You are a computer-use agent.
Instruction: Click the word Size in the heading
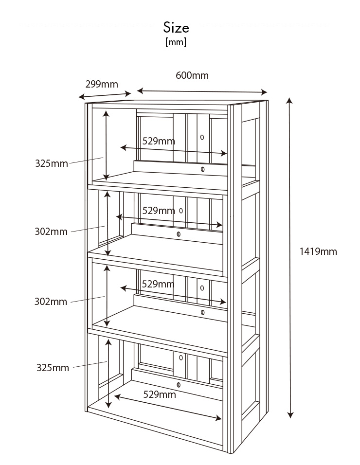(x=176, y=27)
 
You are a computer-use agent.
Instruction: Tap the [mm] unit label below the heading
(x=176, y=42)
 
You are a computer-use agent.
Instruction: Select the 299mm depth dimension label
(x=102, y=84)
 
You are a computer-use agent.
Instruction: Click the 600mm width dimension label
(x=192, y=75)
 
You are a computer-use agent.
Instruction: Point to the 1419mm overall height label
(x=318, y=251)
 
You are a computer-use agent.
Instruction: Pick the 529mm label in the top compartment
(x=159, y=141)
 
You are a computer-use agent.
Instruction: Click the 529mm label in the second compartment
(x=158, y=211)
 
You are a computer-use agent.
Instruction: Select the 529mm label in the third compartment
(x=158, y=284)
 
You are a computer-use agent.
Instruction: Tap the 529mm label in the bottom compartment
(x=160, y=394)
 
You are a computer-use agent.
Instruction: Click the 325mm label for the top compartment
(x=51, y=163)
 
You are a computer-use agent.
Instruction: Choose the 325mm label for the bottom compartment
(x=53, y=367)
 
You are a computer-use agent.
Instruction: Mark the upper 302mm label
(x=51, y=232)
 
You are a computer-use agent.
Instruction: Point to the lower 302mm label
(x=51, y=302)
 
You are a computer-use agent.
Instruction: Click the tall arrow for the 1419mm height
(x=290, y=258)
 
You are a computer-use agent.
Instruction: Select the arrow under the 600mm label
(x=202, y=91)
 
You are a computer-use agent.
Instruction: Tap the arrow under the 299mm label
(x=105, y=95)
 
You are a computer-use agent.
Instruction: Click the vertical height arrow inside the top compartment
(x=106, y=145)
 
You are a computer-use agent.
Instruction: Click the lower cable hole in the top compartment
(x=202, y=169)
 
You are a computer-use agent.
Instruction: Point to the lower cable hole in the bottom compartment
(x=178, y=385)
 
